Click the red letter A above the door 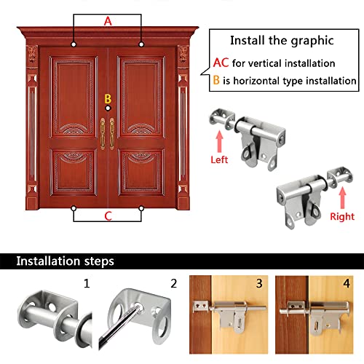[108, 22]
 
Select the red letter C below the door [108, 216]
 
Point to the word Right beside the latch [341, 216]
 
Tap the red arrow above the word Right [341, 197]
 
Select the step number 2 [173, 282]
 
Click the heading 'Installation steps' [65, 261]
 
